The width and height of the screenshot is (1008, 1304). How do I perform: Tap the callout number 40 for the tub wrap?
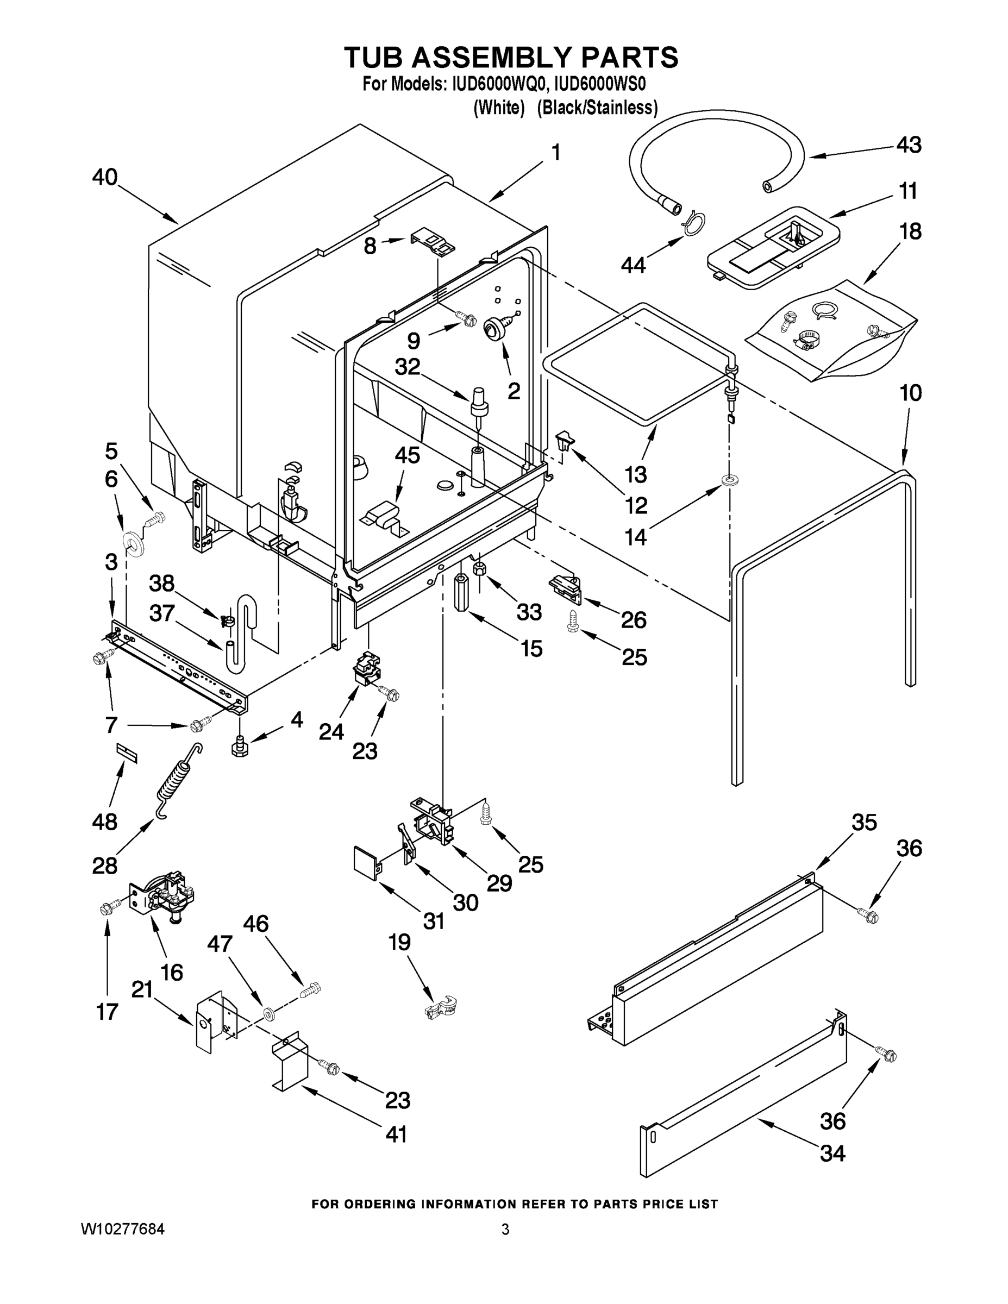[x=104, y=177]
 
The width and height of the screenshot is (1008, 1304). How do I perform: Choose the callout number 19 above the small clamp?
[x=399, y=942]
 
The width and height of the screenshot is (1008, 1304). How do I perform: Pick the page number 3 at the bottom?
[x=505, y=1229]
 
